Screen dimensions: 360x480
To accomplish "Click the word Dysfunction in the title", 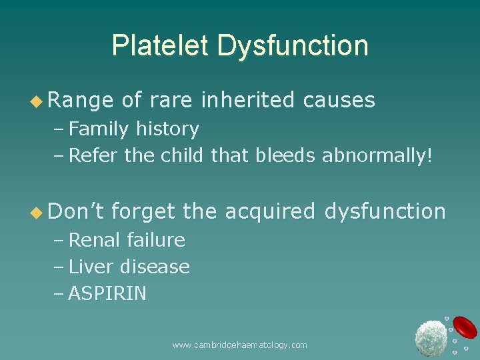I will point(293,45).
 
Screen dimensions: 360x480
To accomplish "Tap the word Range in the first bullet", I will point(80,101).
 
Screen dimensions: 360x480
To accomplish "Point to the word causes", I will point(339,101).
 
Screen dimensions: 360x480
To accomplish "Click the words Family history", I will point(133,129).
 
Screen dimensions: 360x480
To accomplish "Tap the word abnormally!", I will point(377,156).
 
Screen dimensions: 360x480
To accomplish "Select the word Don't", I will point(74,211).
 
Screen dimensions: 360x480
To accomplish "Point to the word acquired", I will point(269,211).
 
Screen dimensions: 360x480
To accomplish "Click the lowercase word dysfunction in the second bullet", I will point(385,211).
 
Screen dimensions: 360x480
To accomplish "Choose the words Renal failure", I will point(127,239).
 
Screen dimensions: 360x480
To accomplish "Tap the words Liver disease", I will point(129,267).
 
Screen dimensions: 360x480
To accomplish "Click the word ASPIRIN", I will point(107,294).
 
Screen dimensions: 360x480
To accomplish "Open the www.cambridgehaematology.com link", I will point(239,345).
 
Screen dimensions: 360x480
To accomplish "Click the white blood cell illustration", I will point(431,337).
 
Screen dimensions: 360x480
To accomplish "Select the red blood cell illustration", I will point(465,327).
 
